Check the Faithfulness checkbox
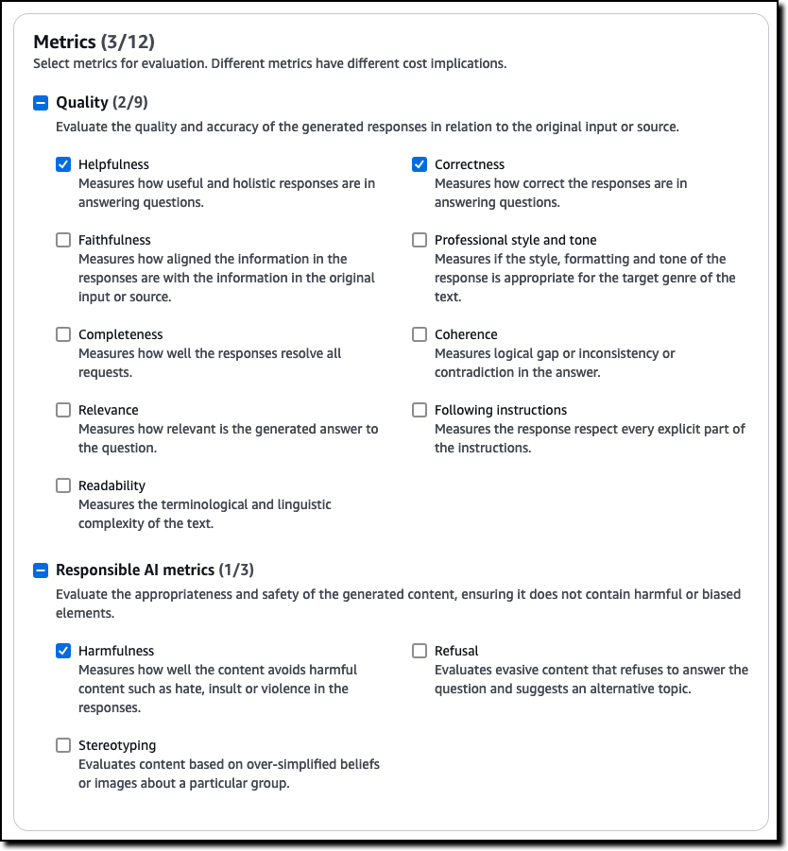point(63,240)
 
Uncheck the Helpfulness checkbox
point(63,164)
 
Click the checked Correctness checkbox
point(420,164)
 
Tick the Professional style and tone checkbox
point(420,240)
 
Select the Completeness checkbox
point(63,334)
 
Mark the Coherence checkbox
point(420,334)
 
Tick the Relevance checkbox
point(63,410)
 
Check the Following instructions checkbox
point(420,410)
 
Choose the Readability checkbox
point(63,485)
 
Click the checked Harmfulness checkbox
point(63,651)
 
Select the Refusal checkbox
point(420,651)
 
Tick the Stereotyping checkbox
point(63,745)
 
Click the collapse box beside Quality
point(41,102)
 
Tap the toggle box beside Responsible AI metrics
point(41,570)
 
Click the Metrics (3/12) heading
point(94,42)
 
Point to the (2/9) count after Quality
point(129,102)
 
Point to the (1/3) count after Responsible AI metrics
point(235,570)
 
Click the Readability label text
point(111,485)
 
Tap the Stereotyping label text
point(117,745)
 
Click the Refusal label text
point(456,651)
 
